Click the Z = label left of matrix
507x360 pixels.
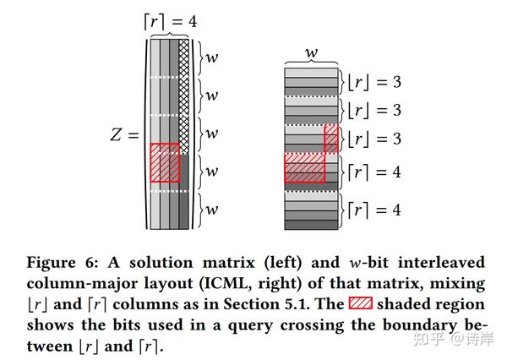124,134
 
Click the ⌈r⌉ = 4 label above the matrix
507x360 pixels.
171,22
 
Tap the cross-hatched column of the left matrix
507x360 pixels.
183,96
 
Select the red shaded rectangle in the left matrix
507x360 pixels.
165,162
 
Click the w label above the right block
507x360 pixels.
311,52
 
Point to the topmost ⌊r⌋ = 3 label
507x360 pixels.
374,82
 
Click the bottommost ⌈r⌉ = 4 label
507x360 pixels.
374,210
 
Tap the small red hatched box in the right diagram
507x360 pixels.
331,139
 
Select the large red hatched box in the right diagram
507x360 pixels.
304,167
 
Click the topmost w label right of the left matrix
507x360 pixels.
212,57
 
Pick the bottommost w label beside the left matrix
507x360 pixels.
212,210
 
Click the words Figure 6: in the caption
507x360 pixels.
62,262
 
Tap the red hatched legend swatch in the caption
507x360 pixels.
361,303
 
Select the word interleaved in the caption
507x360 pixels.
441,262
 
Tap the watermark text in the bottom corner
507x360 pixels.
453,339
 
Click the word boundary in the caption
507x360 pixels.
420,325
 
